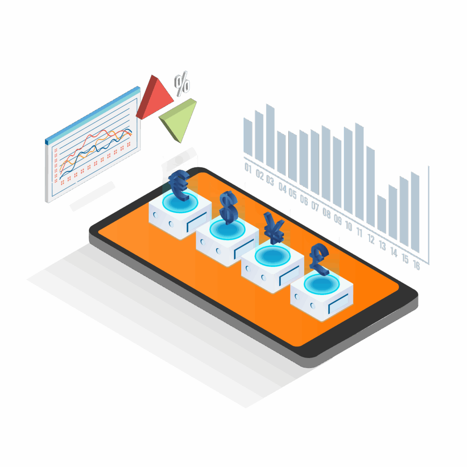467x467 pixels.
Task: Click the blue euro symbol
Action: pos(179,185)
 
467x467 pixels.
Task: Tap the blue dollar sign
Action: pos(228,208)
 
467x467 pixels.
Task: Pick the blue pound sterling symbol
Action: pos(320,259)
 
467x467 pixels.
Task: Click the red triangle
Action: pos(154,97)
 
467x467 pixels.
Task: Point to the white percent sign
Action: pos(182,84)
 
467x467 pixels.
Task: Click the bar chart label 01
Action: pos(249,168)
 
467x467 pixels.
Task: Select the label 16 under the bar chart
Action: pos(416,265)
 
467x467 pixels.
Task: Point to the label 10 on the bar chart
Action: pos(349,226)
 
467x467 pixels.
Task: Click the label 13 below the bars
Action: pos(382,246)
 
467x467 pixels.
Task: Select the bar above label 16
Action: pos(415,212)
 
